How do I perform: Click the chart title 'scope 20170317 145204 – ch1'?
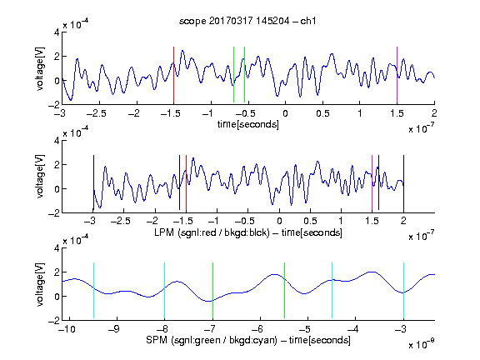point(247,21)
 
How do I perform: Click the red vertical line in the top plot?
point(173,75)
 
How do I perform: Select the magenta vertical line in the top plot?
point(397,75)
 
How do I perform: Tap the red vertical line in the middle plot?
point(186,183)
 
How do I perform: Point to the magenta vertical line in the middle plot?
point(372,183)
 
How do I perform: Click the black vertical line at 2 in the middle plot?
point(403,183)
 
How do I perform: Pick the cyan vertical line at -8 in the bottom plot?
point(164,290)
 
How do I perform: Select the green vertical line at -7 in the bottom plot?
point(212,290)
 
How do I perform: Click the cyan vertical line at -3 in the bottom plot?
point(403,290)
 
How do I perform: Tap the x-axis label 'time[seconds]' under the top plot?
point(248,125)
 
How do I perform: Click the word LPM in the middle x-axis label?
point(164,232)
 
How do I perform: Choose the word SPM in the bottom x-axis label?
point(157,340)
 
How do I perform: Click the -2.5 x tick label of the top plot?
point(97,113)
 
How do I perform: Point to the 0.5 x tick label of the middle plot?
point(310,221)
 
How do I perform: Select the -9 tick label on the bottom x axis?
point(114,329)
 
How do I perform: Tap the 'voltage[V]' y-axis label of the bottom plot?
point(40,284)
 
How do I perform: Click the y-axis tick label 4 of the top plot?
point(57,32)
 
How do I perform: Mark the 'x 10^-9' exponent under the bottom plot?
point(422,344)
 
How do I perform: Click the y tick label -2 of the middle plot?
point(54,213)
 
